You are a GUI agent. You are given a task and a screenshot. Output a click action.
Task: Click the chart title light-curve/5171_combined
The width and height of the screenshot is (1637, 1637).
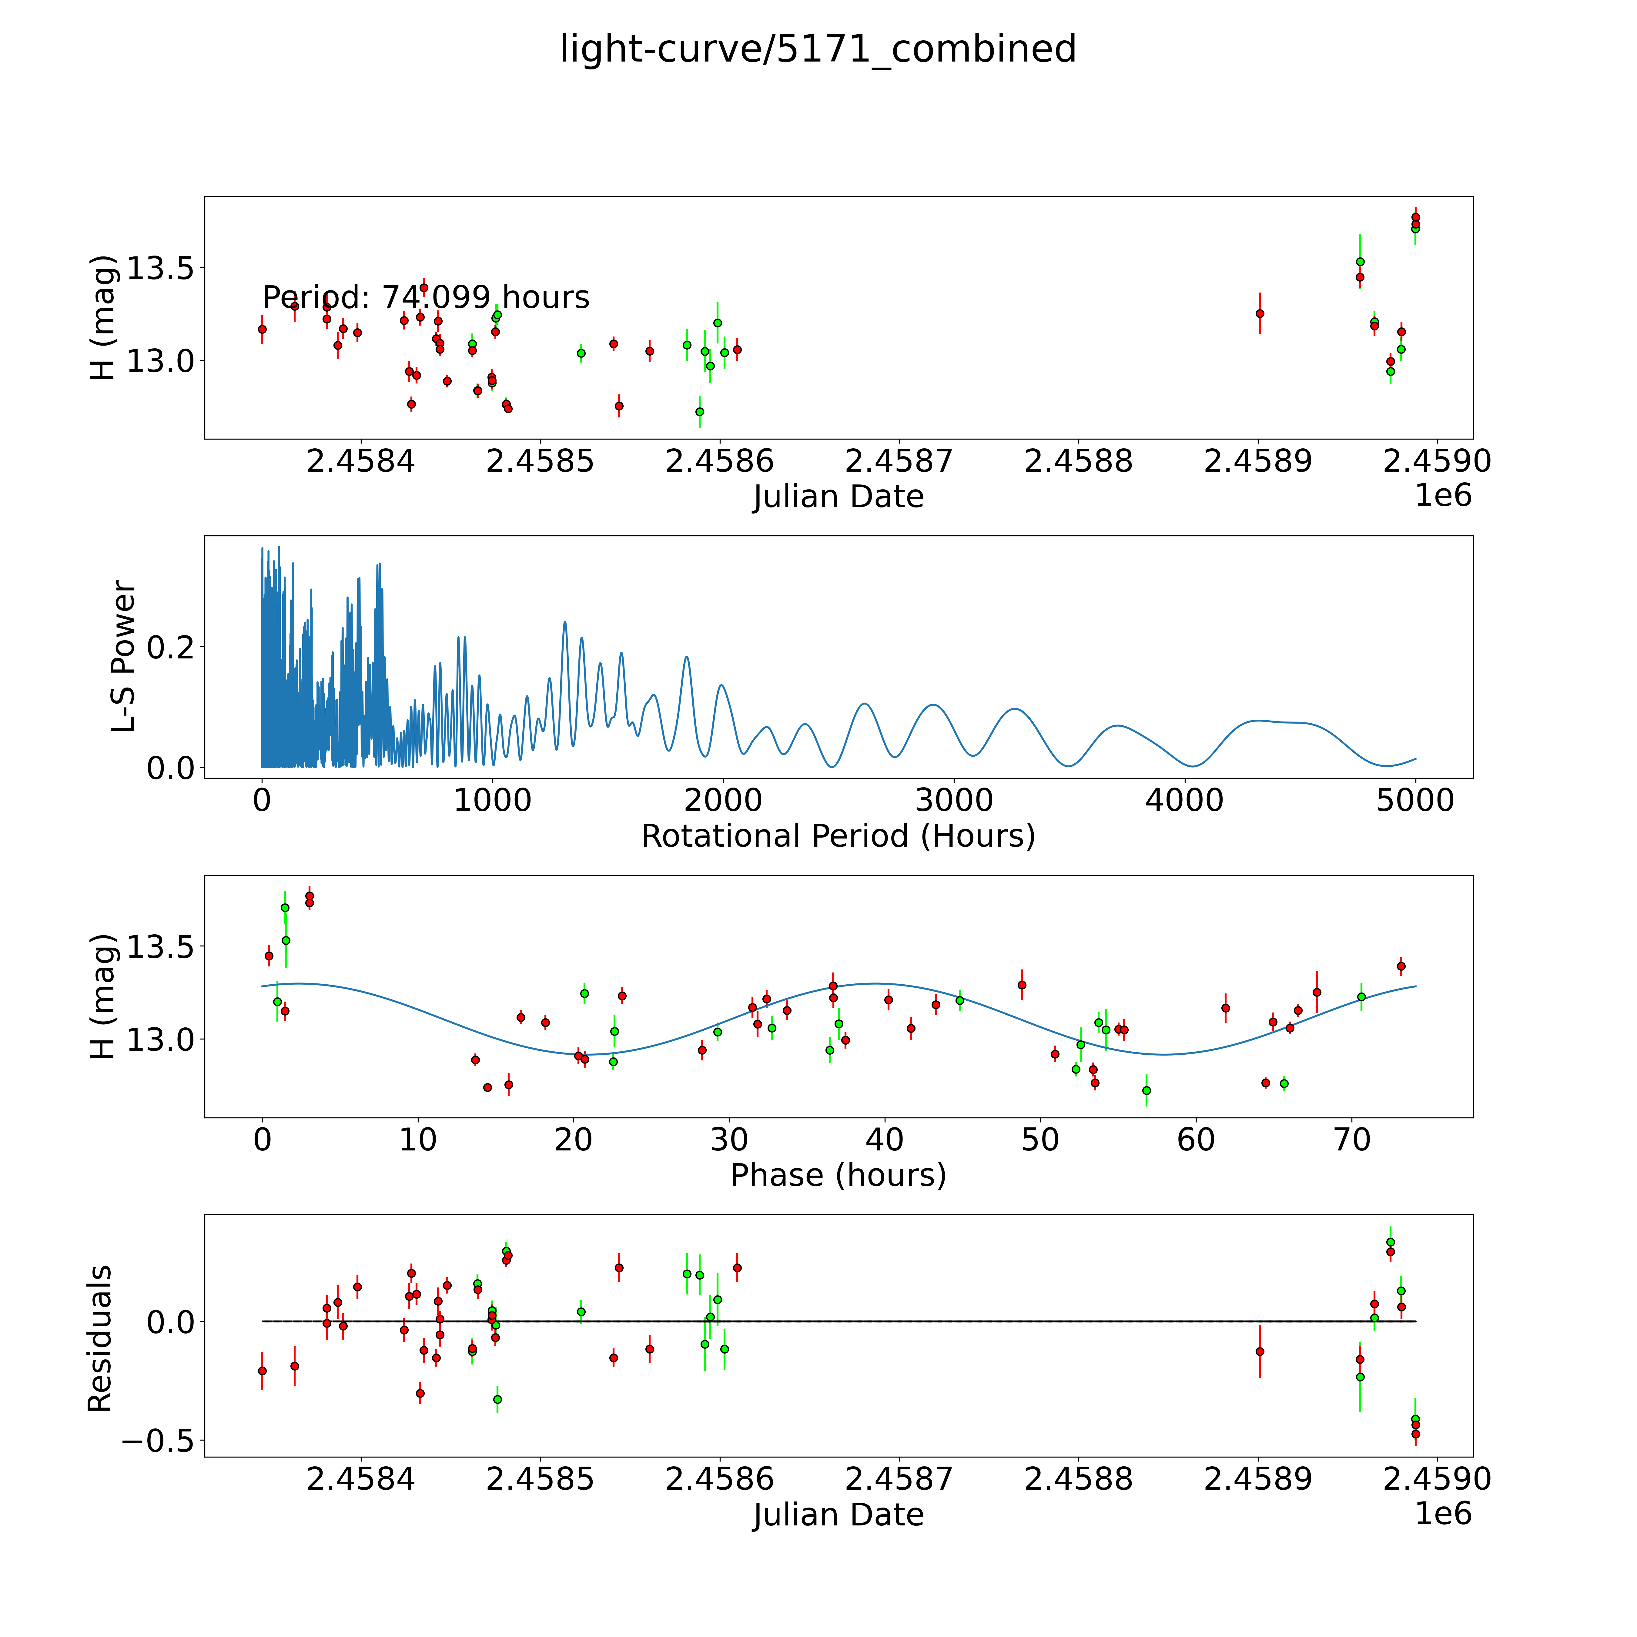click(818, 49)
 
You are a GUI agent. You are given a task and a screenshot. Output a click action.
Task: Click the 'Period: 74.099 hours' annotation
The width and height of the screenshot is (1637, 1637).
click(425, 297)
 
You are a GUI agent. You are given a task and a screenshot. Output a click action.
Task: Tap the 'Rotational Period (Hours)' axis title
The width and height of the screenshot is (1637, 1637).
click(838, 836)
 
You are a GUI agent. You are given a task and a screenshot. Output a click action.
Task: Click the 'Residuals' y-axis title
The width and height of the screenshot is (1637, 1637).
click(100, 1339)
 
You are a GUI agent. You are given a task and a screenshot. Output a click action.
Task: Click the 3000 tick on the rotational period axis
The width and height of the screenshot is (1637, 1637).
click(954, 800)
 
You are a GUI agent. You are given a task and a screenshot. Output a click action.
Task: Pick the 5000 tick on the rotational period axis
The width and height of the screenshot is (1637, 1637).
click(1415, 800)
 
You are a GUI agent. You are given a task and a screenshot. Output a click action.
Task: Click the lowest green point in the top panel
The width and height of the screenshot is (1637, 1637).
click(699, 412)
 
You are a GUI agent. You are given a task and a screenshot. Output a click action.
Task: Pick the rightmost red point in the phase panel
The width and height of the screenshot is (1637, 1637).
click(1401, 966)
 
